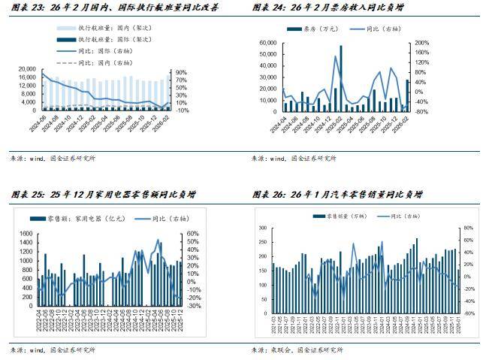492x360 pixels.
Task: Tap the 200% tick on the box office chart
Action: point(422,43)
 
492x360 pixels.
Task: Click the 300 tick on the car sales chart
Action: point(261,228)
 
